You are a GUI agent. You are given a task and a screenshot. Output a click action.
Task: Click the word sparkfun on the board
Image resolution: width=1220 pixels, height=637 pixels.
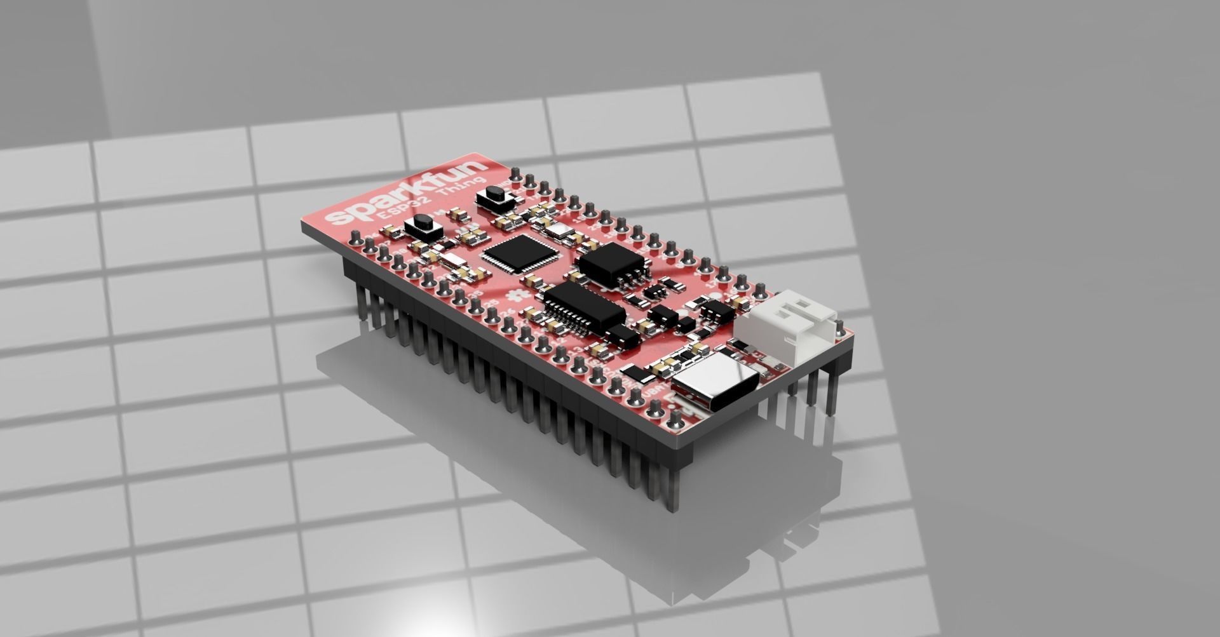407,193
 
